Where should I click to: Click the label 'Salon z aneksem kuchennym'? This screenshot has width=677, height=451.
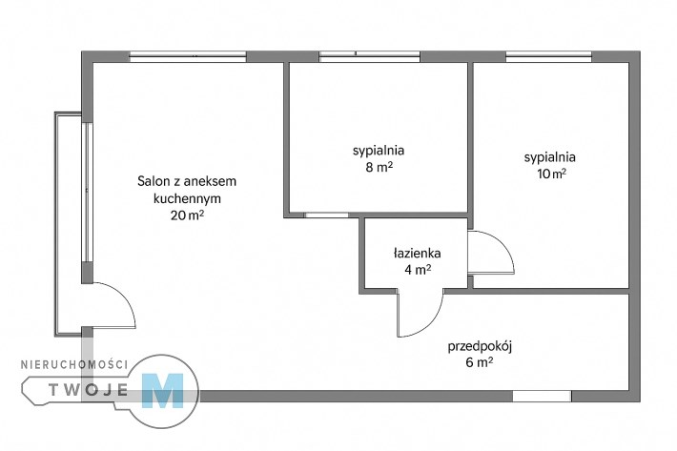click(x=187, y=190)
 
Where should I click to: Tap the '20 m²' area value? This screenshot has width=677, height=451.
click(x=187, y=215)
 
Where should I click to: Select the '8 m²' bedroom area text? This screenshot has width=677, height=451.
click(x=380, y=167)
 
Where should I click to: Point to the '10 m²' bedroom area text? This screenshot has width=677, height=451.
click(x=551, y=174)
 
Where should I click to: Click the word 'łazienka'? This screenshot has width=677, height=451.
click(x=417, y=253)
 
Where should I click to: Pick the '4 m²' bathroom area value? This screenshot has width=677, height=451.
click(x=418, y=270)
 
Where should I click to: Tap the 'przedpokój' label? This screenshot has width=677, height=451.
click(x=480, y=346)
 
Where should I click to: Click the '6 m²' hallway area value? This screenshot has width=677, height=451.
click(x=480, y=362)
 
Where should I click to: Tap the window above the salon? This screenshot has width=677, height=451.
click(x=188, y=56)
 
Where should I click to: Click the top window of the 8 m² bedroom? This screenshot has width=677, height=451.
click(x=370, y=56)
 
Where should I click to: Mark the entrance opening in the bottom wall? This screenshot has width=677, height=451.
click(x=542, y=397)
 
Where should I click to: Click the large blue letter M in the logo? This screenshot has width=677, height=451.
click(x=163, y=391)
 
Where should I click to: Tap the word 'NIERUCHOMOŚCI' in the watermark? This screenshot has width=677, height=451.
click(x=74, y=364)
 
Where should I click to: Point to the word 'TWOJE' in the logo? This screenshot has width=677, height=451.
click(x=89, y=390)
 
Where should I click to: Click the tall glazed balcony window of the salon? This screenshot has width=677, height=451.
click(x=87, y=193)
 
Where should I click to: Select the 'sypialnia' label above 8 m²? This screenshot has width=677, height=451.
click(x=379, y=151)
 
